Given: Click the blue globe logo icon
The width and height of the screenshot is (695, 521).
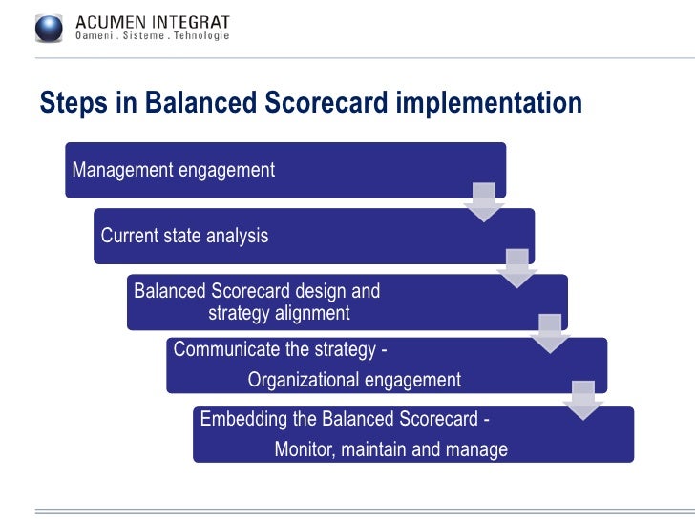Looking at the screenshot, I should click(x=50, y=29).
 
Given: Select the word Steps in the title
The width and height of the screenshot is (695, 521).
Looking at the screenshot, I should click(x=69, y=103).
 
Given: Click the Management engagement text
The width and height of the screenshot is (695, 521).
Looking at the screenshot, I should click(x=174, y=170).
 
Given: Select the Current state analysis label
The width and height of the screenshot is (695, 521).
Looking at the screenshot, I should click(x=184, y=236).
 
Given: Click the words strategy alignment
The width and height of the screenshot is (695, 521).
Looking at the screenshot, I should click(x=279, y=313).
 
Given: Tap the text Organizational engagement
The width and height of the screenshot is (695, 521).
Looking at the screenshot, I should click(x=354, y=380).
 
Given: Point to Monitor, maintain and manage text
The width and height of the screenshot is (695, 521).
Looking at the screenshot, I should click(x=390, y=449).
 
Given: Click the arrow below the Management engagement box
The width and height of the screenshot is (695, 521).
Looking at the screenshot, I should click(x=484, y=202).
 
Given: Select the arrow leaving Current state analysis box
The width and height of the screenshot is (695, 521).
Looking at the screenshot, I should click(x=517, y=268).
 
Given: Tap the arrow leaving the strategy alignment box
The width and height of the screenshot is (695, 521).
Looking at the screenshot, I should click(x=550, y=333).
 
